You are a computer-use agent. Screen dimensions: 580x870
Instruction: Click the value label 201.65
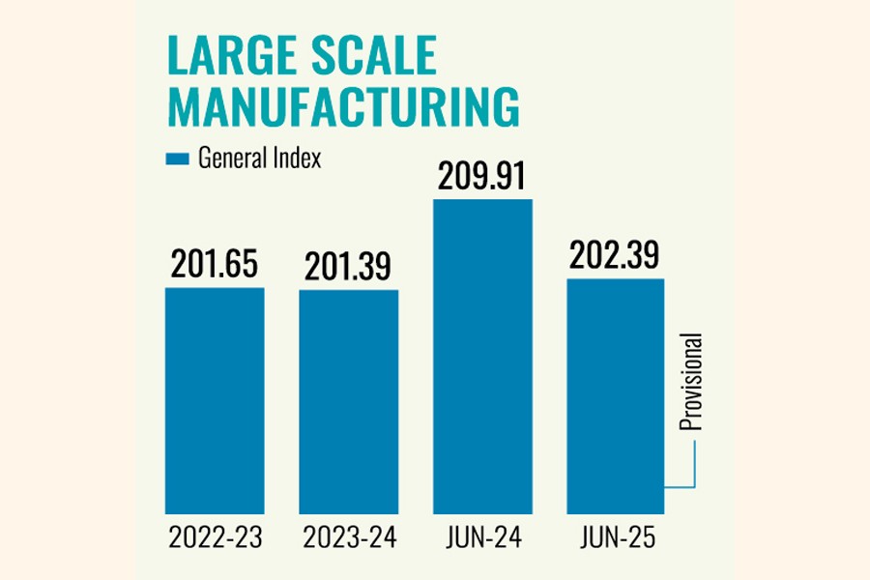point(214,266)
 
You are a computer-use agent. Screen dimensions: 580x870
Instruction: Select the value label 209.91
point(482,177)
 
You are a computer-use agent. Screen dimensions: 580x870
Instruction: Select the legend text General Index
point(259,159)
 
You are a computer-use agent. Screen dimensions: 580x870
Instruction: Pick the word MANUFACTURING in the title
point(342,108)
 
